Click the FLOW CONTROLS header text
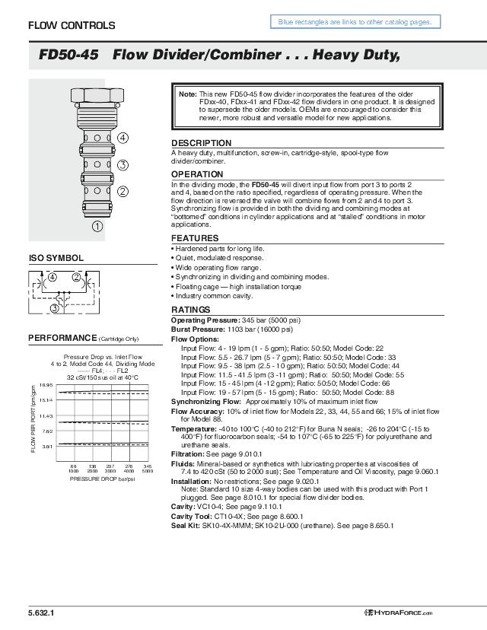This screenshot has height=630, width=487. click(x=72, y=26)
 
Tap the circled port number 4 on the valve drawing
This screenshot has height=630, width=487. click(x=123, y=138)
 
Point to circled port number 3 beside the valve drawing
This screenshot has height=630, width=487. click(x=123, y=164)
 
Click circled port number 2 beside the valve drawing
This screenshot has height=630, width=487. click(x=123, y=191)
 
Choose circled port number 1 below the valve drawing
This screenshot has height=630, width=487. click(x=97, y=225)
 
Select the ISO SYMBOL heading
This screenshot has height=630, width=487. click(x=56, y=259)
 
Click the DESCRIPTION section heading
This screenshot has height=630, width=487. click(x=201, y=143)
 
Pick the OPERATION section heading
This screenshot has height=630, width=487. click(x=197, y=175)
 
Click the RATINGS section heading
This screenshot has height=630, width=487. click(x=190, y=310)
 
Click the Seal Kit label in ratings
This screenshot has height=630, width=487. click(x=186, y=525)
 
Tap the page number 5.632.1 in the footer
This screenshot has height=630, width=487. click(x=41, y=612)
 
